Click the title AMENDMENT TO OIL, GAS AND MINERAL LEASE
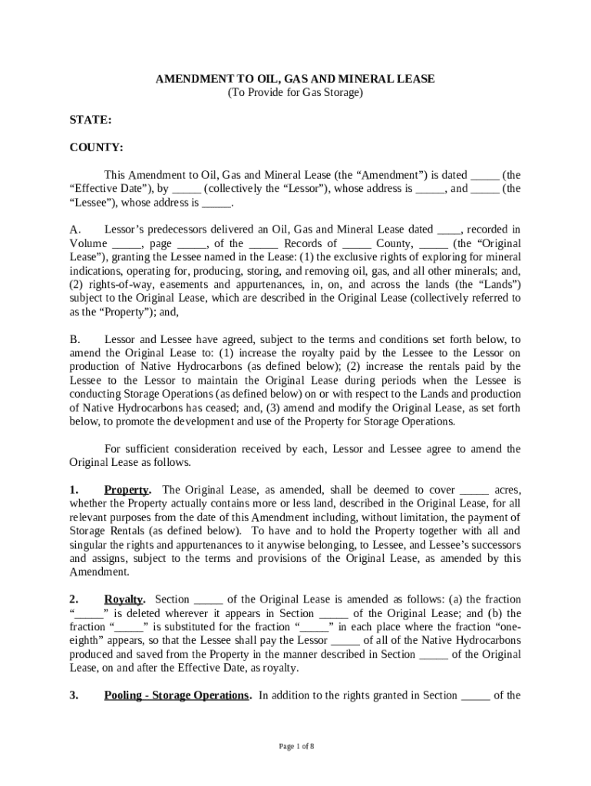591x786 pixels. (x=295, y=79)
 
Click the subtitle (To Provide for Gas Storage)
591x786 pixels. (x=295, y=93)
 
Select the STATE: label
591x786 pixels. (x=91, y=121)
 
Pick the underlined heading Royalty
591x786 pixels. (x=124, y=599)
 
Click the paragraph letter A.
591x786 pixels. (x=74, y=230)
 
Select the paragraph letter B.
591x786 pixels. (x=74, y=339)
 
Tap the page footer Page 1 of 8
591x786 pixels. (x=295, y=746)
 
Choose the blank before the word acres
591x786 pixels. (x=474, y=490)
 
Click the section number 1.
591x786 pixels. (x=74, y=490)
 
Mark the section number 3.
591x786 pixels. (x=74, y=695)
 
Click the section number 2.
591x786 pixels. (x=74, y=599)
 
